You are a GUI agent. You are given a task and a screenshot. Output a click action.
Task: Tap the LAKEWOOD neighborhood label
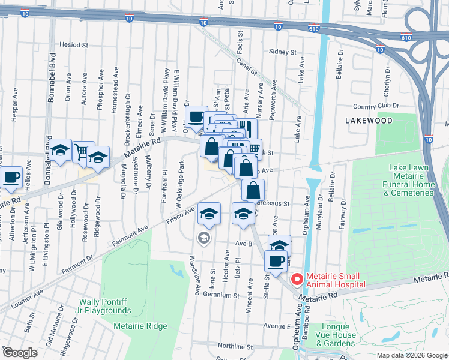point(369,121)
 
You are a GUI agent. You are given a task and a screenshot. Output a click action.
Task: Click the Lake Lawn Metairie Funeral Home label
point(411,181)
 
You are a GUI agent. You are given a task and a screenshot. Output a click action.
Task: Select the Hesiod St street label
point(74,45)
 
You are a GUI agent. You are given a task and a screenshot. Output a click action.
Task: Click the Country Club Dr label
point(376,106)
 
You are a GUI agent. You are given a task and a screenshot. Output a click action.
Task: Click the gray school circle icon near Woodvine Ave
point(204,239)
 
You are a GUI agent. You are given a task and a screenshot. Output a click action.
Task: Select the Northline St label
point(235,346)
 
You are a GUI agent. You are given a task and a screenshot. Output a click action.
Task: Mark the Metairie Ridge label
point(140,326)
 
